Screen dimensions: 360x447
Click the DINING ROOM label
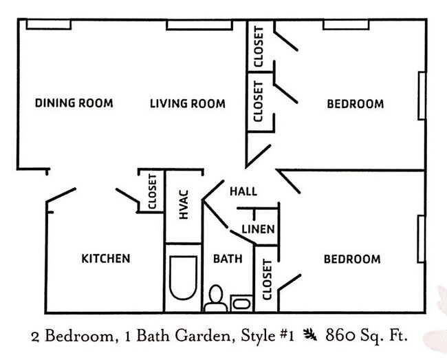click(x=74, y=104)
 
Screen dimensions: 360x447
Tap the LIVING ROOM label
click(x=187, y=104)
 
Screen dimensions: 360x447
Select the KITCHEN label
click(x=106, y=259)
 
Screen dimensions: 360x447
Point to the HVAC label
click(x=184, y=205)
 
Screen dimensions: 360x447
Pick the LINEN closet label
click(x=259, y=229)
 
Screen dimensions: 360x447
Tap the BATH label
click(x=227, y=260)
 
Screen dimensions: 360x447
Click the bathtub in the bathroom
click(x=183, y=278)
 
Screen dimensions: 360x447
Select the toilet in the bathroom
click(x=215, y=299)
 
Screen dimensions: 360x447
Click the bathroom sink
click(x=241, y=303)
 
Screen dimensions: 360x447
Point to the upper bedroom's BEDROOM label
click(x=355, y=104)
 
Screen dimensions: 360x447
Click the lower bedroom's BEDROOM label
click(x=352, y=260)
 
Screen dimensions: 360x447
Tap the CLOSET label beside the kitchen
click(x=153, y=192)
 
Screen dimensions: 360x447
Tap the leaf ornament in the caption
click(x=310, y=337)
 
